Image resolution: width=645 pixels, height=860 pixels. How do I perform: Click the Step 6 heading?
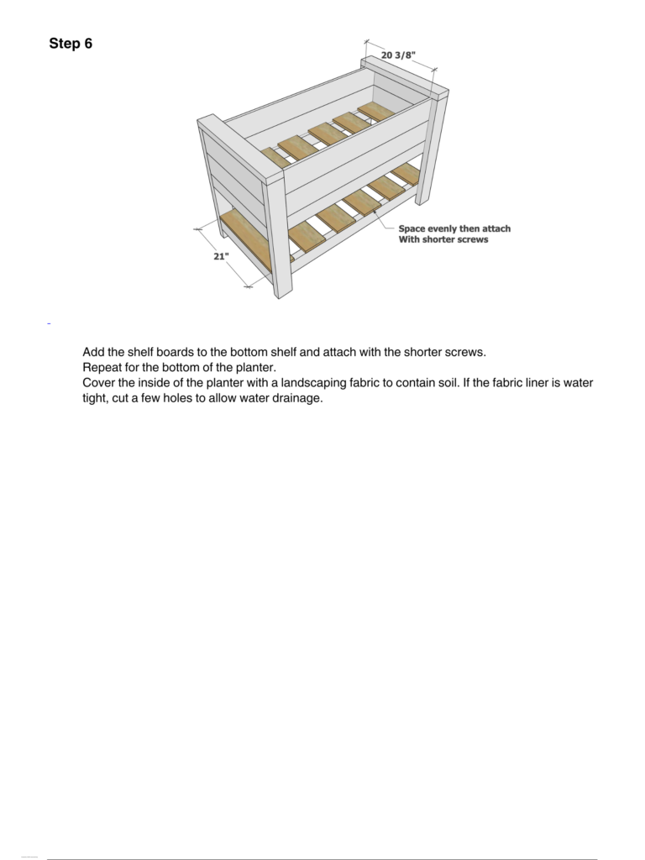71,44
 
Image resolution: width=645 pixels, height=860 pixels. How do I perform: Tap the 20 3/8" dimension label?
398,55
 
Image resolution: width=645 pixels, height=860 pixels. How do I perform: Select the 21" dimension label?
221,256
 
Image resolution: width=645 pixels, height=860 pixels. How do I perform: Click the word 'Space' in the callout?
412,228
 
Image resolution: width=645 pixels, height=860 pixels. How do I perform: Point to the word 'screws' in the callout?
472,239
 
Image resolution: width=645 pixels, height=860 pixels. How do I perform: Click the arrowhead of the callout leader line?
375,212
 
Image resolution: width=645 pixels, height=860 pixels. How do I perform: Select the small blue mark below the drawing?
49,324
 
